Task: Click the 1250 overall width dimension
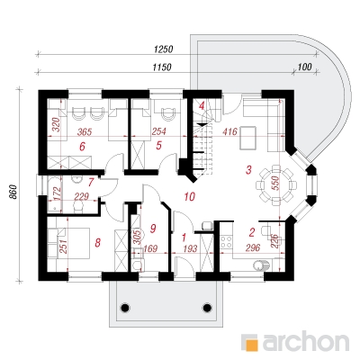pos(164,49)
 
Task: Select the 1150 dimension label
pos(162,67)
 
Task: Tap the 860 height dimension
pos(13,192)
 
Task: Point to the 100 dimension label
pos(305,67)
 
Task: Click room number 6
pos(83,147)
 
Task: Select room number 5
pos(159,146)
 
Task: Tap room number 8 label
pos(97,242)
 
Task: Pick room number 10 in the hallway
pos(190,196)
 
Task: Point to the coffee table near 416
pos(248,138)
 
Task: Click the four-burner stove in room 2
pos(227,242)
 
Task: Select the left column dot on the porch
pos(125,308)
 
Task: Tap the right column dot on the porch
pos(207,308)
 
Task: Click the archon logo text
pos(306,341)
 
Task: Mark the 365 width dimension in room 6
pos(85,131)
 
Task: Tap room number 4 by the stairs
pos(202,105)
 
